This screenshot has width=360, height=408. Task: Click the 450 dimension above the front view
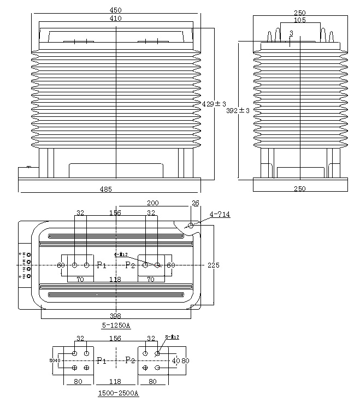coord(116,10)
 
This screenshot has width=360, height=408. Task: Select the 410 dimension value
coord(116,18)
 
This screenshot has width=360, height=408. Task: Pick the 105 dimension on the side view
coord(299,20)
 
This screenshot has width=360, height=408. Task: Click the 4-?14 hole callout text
coord(220,215)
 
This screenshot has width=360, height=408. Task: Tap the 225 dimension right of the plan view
coord(214,265)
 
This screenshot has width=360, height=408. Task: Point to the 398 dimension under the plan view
coord(115,316)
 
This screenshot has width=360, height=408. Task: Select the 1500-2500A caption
coord(118,393)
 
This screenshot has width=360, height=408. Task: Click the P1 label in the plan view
coord(102,265)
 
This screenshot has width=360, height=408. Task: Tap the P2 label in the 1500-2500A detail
coord(130,360)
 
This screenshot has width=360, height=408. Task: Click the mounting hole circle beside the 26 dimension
coord(191,226)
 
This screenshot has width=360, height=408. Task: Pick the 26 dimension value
coord(196,203)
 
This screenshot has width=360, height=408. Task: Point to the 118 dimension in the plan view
coord(115,279)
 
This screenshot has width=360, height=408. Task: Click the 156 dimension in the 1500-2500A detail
coord(115,339)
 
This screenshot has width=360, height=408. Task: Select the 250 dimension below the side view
coord(299,189)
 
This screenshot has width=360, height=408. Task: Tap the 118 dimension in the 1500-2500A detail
coord(115,382)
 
